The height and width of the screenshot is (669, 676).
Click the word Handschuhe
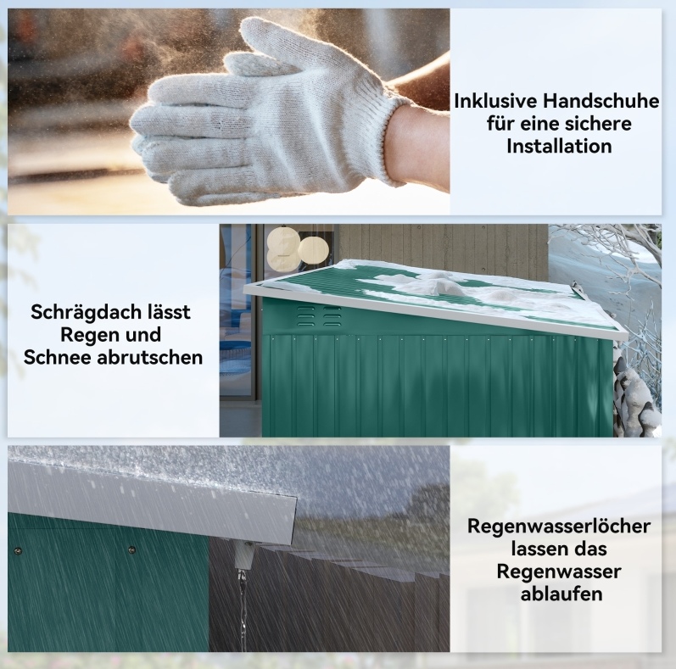tap(601, 101)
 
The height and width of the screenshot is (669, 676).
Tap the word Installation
tap(559, 146)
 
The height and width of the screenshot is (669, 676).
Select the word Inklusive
tap(495, 101)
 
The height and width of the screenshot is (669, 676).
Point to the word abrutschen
tap(150, 357)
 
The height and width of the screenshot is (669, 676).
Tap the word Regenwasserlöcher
tap(559, 527)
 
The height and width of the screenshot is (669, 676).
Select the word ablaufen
tap(561, 594)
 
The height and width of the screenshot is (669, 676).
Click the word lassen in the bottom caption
tap(535, 549)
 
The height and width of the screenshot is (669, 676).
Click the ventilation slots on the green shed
tap(318, 316)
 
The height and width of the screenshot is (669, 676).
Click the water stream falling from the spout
tap(243, 608)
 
